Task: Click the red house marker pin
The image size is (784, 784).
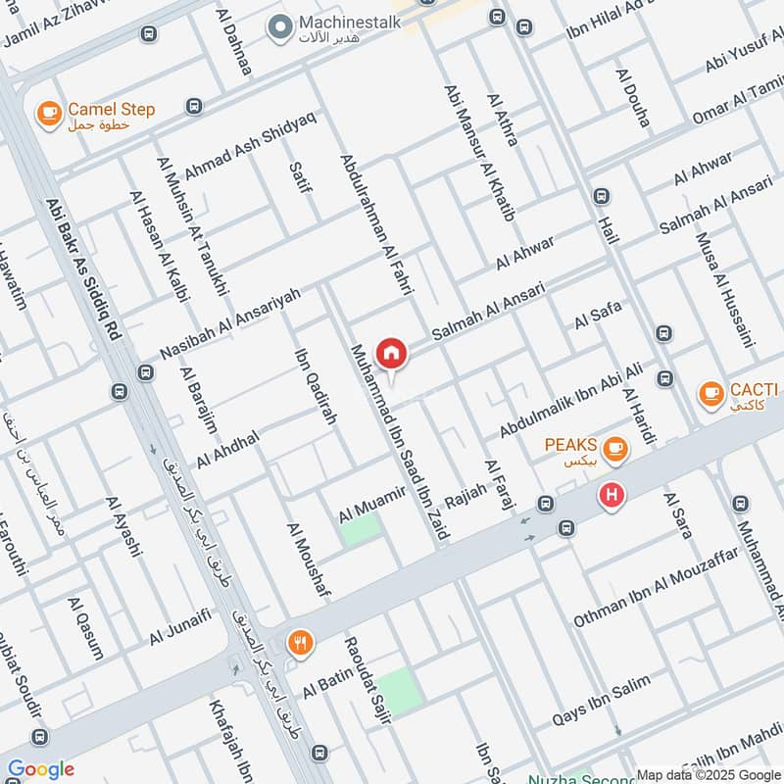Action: tap(391, 353)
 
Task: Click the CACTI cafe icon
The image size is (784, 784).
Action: tap(710, 394)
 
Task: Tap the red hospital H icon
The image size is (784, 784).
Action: tap(612, 497)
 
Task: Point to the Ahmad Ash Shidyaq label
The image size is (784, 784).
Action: tap(250, 143)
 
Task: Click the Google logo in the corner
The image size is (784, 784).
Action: tap(41, 769)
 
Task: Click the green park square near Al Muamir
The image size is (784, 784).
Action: tap(361, 529)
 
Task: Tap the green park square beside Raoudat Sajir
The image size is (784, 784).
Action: tap(400, 690)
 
